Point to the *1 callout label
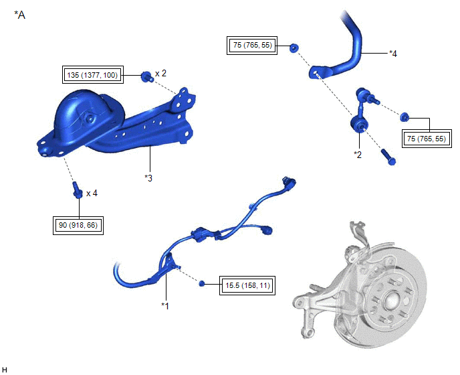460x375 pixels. click(x=165, y=306)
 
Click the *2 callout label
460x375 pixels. click(x=358, y=155)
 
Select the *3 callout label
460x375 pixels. click(x=148, y=178)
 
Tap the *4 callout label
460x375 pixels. click(x=393, y=54)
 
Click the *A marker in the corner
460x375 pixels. click(x=19, y=15)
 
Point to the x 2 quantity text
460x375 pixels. click(x=160, y=73)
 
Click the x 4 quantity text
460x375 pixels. click(x=92, y=193)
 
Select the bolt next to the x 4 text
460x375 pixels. click(x=77, y=190)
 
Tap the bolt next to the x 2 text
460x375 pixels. click(x=146, y=77)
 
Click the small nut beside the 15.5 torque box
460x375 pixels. click(x=202, y=284)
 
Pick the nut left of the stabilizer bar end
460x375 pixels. click(x=294, y=48)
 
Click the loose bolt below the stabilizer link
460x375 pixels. click(x=388, y=157)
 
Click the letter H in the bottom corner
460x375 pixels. click(x=5, y=370)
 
